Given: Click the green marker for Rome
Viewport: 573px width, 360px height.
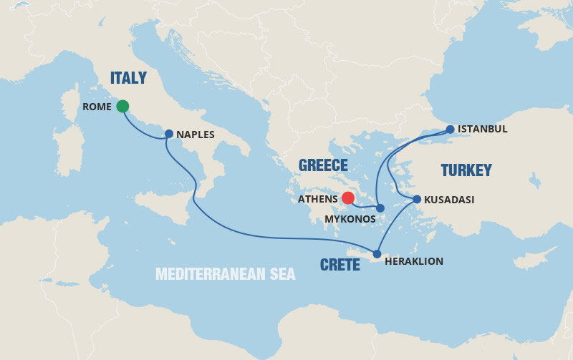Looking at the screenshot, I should click(x=122, y=106).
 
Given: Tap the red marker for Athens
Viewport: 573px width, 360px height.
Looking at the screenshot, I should click(x=348, y=198).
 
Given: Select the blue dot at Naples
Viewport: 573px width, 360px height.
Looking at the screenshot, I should click(x=168, y=133).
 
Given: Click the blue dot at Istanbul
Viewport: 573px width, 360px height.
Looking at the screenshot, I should click(x=450, y=130).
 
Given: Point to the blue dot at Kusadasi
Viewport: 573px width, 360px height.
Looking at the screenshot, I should click(x=417, y=199).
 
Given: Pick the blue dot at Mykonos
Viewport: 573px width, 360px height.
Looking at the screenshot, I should click(x=380, y=208).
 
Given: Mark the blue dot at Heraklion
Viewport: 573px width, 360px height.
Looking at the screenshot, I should click(x=377, y=253).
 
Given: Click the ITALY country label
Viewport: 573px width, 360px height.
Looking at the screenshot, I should click(x=129, y=78).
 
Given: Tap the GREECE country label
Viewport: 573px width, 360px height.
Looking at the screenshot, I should click(x=323, y=165).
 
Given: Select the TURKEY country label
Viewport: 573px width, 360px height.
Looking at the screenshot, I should click(x=466, y=170).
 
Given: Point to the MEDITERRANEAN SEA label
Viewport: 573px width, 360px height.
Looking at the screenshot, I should click(x=226, y=274).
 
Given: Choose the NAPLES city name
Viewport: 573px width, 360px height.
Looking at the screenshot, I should click(x=196, y=134).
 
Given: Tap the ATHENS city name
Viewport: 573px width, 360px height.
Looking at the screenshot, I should click(x=317, y=198).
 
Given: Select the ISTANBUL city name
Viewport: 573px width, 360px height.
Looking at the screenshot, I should click(x=483, y=130).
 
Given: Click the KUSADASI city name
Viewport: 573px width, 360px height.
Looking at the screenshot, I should click(x=449, y=200).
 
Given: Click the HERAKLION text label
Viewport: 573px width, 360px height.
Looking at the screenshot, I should click(x=414, y=261).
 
